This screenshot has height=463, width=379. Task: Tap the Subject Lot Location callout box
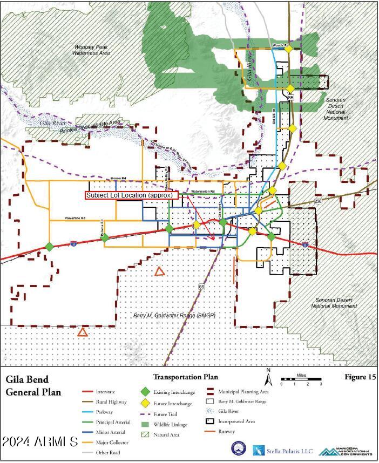136,195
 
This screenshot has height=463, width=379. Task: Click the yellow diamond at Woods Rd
289,49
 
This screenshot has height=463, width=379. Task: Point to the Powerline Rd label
76,219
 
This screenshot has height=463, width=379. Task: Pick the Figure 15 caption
360,377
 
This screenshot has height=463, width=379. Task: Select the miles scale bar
301,379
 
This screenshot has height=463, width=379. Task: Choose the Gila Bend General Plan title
33,385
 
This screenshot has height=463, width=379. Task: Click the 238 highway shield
318,201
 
